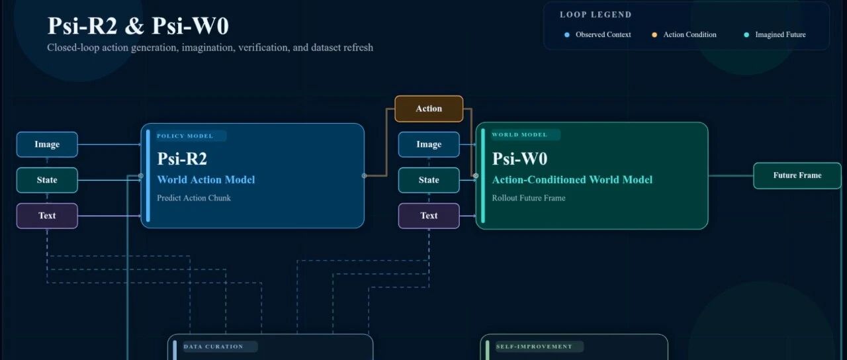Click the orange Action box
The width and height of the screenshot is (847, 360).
(x=428, y=109)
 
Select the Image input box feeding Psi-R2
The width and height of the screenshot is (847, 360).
(x=47, y=144)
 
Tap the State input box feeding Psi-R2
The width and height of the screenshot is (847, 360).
(x=47, y=180)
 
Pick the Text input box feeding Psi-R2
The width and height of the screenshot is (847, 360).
(x=47, y=216)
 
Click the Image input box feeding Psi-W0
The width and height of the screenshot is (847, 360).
(x=429, y=144)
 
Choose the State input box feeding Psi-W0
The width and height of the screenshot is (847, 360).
(x=429, y=180)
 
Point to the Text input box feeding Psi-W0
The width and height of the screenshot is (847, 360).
(x=429, y=216)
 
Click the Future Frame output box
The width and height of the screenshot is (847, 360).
(x=797, y=175)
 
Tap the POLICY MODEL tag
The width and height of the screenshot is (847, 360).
(x=185, y=136)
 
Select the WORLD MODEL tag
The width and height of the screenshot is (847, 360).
(x=520, y=135)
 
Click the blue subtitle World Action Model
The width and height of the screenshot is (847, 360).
(x=206, y=180)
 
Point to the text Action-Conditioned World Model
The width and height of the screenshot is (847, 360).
(x=572, y=180)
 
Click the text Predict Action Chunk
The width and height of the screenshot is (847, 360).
(x=194, y=198)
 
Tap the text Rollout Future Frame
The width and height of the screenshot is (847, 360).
(x=529, y=198)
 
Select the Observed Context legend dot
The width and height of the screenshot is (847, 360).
(x=567, y=35)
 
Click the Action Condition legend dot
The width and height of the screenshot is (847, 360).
(x=654, y=35)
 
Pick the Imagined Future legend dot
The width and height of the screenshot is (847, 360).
(x=746, y=35)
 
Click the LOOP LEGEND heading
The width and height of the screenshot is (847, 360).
(x=596, y=15)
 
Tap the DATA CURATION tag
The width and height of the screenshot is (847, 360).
(x=214, y=346)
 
